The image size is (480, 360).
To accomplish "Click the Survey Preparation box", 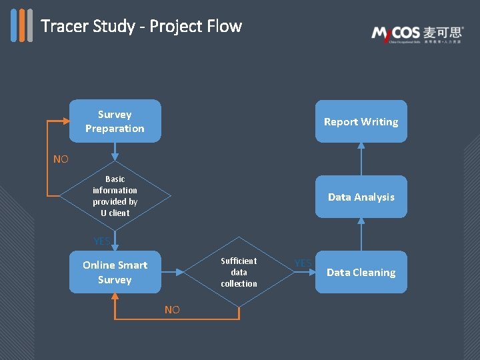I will pyautogui.click(x=115, y=121).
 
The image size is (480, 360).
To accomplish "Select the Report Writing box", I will pyautogui.click(x=361, y=121).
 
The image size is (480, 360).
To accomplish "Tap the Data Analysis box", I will pyautogui.click(x=361, y=197).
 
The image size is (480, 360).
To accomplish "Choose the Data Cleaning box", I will pyautogui.click(x=361, y=272).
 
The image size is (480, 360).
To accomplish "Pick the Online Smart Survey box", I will pyautogui.click(x=115, y=272).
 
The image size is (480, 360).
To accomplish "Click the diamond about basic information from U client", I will pyautogui.click(x=115, y=196).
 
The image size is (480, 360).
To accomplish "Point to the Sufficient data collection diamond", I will pyautogui.click(x=239, y=272).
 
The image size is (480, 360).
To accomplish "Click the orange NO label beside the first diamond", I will pyautogui.click(x=61, y=159).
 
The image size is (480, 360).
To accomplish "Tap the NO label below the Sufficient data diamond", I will pyautogui.click(x=172, y=309).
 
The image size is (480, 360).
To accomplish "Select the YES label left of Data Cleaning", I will pyautogui.click(x=303, y=263).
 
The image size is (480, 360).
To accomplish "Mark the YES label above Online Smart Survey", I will pyautogui.click(x=102, y=241).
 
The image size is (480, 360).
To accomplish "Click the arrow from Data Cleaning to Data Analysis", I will pyautogui.click(x=361, y=234).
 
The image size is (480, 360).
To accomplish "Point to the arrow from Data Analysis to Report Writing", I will pyautogui.click(x=361, y=159).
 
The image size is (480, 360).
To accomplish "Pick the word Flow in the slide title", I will pyautogui.click(x=225, y=26).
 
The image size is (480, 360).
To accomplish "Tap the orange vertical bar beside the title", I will pyautogui.click(x=21, y=25).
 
